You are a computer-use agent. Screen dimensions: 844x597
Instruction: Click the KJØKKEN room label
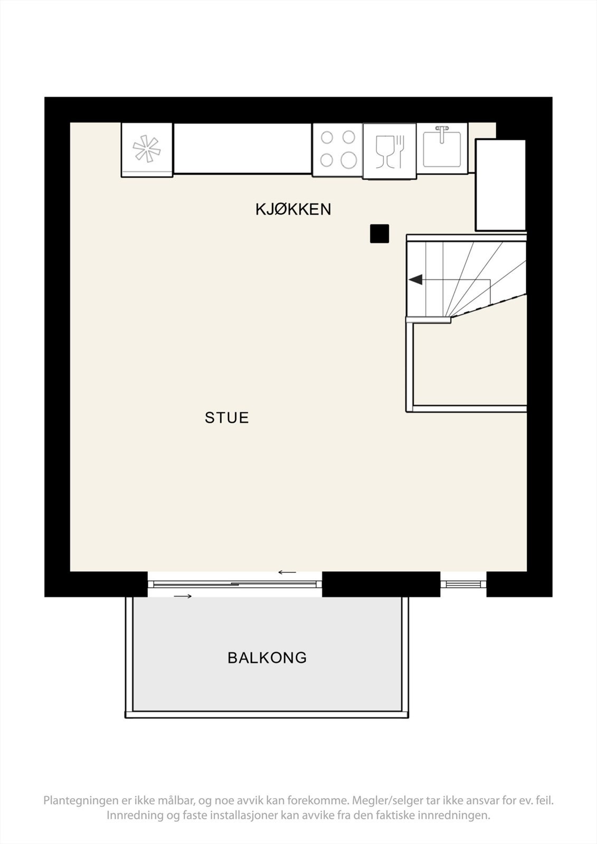coord(293,209)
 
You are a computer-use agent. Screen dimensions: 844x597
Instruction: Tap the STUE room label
coord(226,418)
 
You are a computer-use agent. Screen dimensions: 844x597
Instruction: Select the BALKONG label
coord(267,658)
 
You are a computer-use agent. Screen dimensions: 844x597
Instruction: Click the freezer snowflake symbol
coord(146,149)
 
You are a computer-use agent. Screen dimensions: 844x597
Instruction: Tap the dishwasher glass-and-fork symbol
coord(390,151)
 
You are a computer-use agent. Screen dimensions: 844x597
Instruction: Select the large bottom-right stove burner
coord(348,159)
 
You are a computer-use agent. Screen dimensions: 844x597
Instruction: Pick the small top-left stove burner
coord(327,138)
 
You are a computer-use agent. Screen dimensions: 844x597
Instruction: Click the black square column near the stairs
coord(379,234)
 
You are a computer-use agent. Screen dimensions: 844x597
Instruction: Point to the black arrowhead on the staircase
coord(416,280)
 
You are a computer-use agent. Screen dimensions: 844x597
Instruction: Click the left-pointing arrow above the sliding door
coord(288,572)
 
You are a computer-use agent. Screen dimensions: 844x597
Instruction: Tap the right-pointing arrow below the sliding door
coord(183,596)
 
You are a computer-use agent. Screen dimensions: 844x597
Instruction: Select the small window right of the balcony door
coord(463,583)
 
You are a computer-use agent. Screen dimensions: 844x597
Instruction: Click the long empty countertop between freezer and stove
coord(242,149)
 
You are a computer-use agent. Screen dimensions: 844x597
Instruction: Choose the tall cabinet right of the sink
coord(500,185)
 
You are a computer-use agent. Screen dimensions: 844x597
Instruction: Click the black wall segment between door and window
coord(381,584)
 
